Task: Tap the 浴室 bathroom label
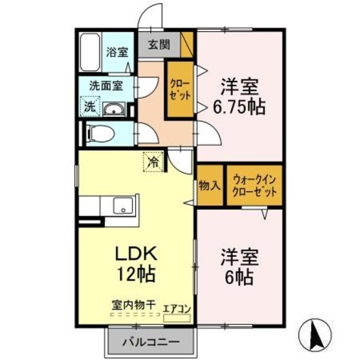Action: click(x=118, y=52)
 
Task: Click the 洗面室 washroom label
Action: click(x=106, y=87)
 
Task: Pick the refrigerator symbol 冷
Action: click(x=152, y=163)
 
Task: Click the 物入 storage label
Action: click(x=209, y=185)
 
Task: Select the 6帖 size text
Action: click(x=240, y=277)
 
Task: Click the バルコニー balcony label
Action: click(x=150, y=341)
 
